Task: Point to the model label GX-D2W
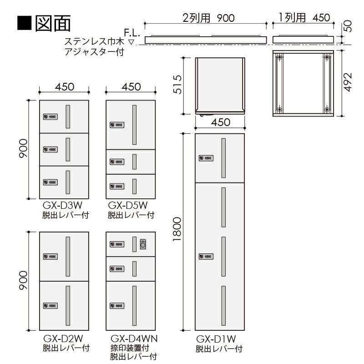coord(63,339)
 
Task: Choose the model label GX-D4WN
coord(133,339)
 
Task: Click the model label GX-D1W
coord(218,339)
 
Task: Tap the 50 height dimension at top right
coord(349,26)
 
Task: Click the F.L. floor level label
coord(131,33)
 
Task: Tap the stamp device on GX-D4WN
coord(143,244)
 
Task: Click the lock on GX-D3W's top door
coord(50,117)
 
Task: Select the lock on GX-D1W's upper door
coord(205,158)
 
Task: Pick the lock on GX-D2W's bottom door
coord(50,305)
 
